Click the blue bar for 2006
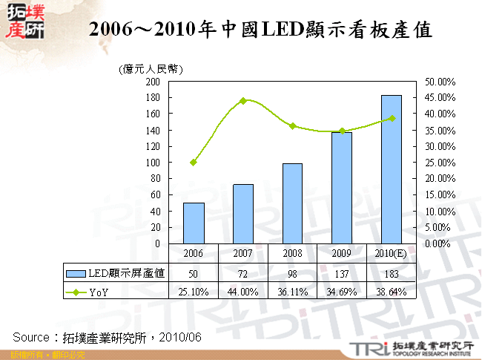[x=194, y=223]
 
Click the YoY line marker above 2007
[x=243, y=101]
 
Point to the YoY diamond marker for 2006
[x=194, y=162]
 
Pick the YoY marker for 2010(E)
[x=392, y=118]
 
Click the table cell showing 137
[x=342, y=273]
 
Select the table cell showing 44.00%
[x=243, y=291]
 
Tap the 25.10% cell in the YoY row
[x=194, y=291]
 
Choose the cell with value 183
[x=392, y=273]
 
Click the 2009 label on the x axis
[x=342, y=253]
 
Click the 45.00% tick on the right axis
[x=440, y=97]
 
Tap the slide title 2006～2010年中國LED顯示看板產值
[x=260, y=30]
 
